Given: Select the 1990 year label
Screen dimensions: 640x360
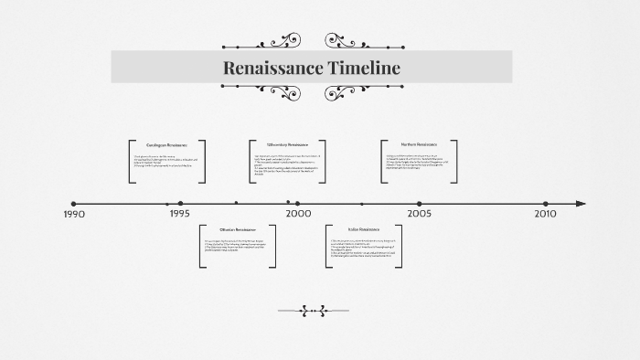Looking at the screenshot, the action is click(x=74, y=214).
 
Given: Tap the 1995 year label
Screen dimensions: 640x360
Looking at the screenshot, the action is click(x=180, y=214).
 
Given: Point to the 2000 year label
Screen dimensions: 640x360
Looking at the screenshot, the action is click(x=298, y=214).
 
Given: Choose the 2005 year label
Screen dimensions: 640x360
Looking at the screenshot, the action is click(x=420, y=214).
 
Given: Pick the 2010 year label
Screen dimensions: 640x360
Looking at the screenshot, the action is click(x=545, y=214).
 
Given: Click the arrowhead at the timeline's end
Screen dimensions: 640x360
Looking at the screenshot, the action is click(x=581, y=204).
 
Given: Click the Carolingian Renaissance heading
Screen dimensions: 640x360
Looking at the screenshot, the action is click(x=166, y=145).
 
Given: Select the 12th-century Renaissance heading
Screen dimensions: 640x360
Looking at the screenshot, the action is click(x=287, y=145).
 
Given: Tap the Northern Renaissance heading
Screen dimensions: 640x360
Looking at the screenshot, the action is click(x=419, y=144).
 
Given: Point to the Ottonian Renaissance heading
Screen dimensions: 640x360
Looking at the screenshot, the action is click(x=238, y=228).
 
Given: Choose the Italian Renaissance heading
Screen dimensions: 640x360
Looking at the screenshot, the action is click(x=364, y=228).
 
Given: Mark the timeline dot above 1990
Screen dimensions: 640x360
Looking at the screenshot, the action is click(x=74, y=204).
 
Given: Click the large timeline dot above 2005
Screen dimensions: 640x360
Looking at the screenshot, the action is click(x=420, y=204).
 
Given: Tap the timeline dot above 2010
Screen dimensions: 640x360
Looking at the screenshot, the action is click(x=545, y=204).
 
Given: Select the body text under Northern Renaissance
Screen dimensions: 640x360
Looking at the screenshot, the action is click(x=419, y=162).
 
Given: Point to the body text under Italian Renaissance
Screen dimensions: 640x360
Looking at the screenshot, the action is click(x=364, y=248).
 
